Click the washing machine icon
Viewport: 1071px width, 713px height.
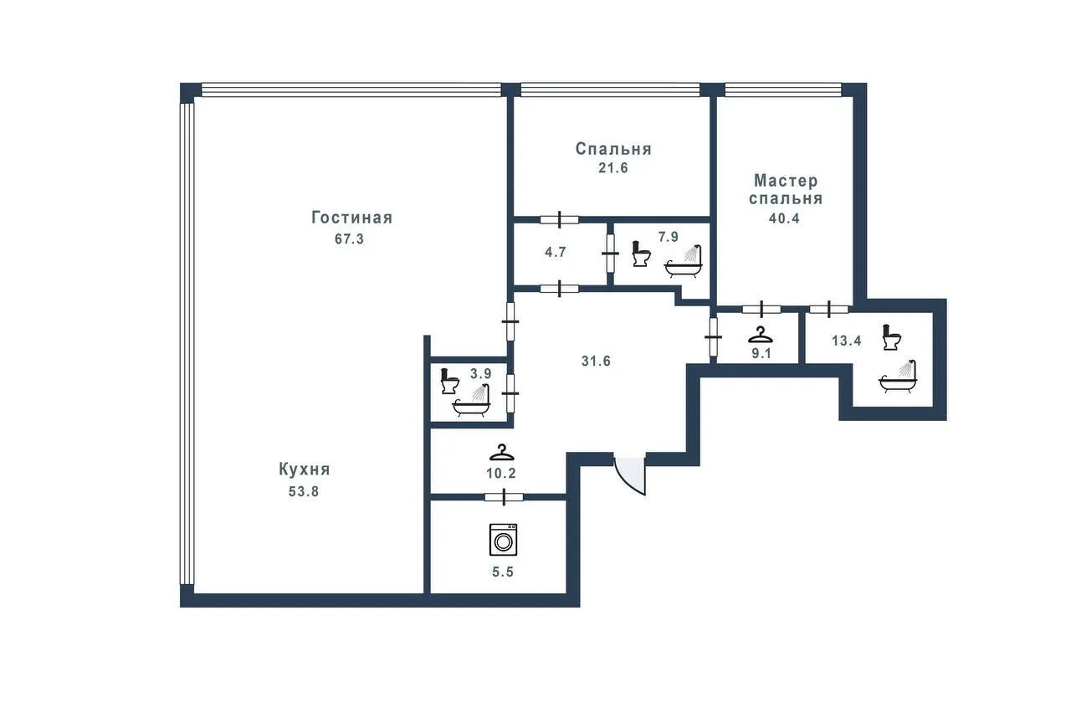click(503, 540)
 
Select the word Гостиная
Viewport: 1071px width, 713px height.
click(352, 218)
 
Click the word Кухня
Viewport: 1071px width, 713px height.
click(305, 469)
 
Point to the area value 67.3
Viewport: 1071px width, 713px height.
click(350, 239)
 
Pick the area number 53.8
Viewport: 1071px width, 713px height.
click(304, 491)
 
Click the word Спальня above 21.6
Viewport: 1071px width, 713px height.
click(613, 149)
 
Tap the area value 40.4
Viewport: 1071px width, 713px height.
click(784, 218)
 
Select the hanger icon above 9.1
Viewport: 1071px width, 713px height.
click(761, 335)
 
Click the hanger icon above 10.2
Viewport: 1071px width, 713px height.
click(501, 453)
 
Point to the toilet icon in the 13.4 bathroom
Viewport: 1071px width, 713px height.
click(892, 337)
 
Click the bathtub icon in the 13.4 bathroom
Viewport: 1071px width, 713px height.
click(898, 377)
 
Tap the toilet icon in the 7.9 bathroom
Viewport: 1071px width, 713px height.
click(641, 254)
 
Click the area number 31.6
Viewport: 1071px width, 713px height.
click(597, 361)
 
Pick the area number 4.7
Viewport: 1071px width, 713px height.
click(556, 252)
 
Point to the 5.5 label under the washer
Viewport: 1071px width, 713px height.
click(503, 572)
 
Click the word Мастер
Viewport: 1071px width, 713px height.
click(786, 181)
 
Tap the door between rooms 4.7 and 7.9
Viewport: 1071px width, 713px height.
click(610, 254)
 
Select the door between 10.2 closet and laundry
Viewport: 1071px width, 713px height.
click(504, 497)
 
